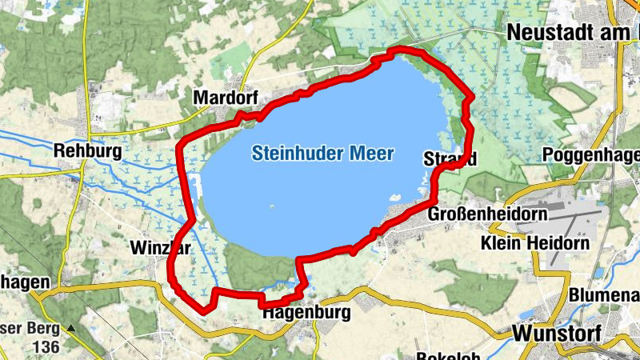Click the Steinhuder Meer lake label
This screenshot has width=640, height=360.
[322, 153]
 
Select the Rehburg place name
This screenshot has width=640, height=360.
[87, 150]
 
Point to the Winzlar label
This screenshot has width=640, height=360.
[159, 248]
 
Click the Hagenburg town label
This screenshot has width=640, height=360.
[306, 313]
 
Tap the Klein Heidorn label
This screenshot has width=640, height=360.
[535, 242]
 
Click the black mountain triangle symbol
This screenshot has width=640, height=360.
[71, 328]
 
